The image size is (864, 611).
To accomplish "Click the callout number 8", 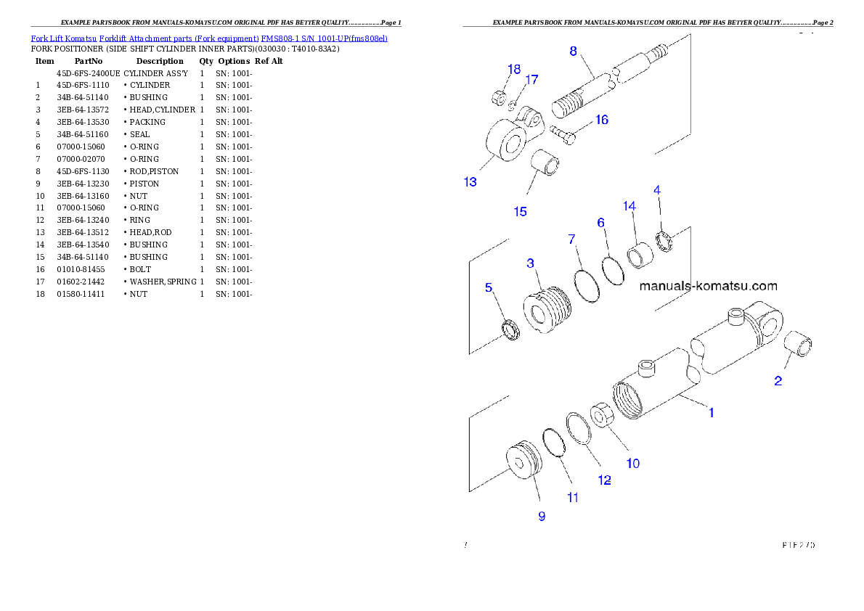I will (x=573, y=51).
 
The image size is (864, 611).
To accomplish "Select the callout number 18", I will (x=514, y=69).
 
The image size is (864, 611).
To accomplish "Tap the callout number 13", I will (x=470, y=181).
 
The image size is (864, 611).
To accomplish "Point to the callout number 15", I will (x=521, y=211).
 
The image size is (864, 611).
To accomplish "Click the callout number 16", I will (x=602, y=120).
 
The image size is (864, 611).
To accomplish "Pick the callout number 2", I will (x=778, y=380).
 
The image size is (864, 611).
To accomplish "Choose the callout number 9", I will (x=542, y=516).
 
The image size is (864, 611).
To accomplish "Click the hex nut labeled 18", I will (x=500, y=94).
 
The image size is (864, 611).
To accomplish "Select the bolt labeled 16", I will (x=563, y=133).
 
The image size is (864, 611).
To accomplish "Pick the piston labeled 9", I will (x=523, y=461).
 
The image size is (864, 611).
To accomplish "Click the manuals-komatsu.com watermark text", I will (x=708, y=286).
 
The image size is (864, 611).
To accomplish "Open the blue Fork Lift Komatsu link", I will (x=209, y=37).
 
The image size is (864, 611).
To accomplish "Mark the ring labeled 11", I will (x=555, y=443).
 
